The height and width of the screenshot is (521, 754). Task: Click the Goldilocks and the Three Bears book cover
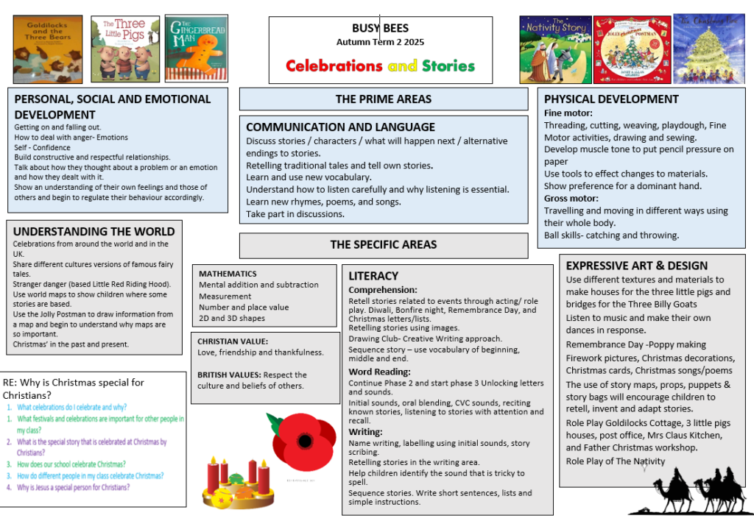47,49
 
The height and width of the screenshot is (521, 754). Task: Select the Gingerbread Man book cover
191,49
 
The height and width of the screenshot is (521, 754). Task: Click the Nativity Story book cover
555,49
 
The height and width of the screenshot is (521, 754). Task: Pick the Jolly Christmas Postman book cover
632,49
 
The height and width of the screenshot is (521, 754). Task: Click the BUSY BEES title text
381,29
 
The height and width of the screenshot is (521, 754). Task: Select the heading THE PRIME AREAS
384,99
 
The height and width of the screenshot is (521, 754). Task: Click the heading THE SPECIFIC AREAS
384,244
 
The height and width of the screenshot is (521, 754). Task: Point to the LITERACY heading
373,276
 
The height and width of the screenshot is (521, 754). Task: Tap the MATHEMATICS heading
228,274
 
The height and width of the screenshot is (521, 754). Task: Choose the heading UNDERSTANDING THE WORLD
94,231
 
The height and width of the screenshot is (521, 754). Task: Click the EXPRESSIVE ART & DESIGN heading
637,266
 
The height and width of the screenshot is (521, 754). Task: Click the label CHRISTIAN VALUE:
233,341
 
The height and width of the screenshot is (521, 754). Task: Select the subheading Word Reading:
380,372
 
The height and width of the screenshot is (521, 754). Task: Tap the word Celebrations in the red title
334,65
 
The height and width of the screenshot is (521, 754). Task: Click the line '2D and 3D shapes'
231,319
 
